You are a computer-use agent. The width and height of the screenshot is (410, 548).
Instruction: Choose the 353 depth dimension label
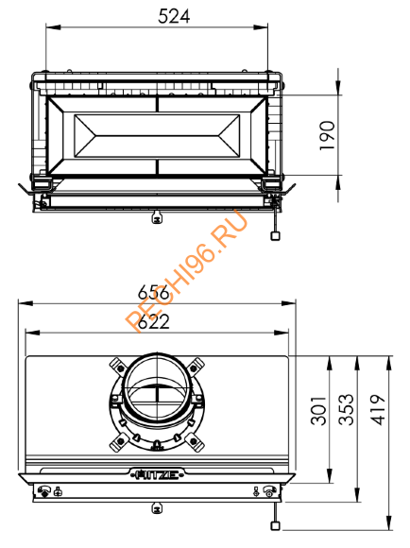(348, 412)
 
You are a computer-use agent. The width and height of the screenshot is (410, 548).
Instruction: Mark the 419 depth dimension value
(382, 412)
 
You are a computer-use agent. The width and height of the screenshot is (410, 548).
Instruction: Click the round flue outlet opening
(156, 387)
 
